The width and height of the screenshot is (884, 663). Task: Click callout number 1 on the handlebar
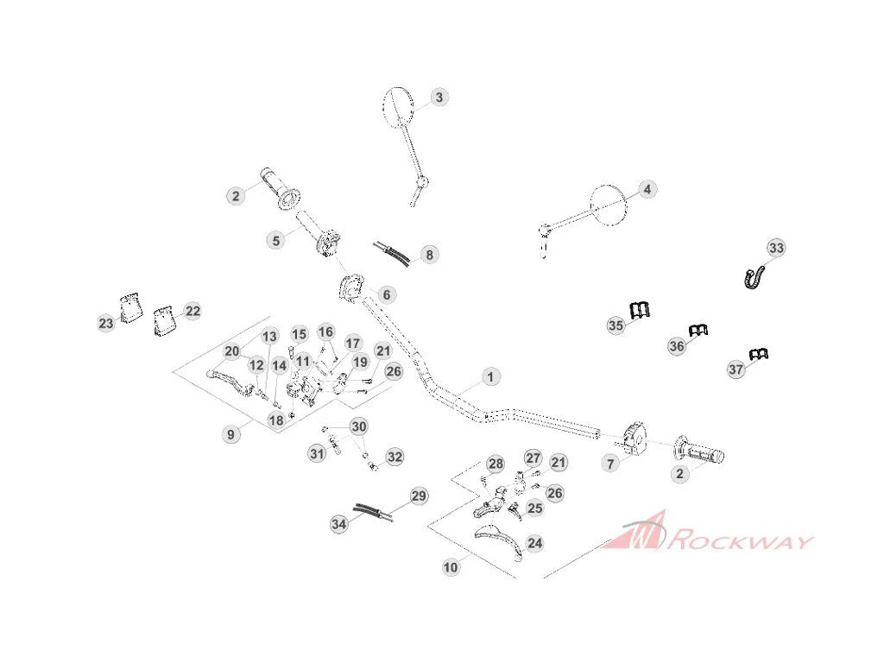(x=490, y=376)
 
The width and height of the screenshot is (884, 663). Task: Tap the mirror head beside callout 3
(x=397, y=106)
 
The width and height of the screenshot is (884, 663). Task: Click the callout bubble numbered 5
(x=275, y=241)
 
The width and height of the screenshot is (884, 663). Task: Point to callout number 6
(x=387, y=294)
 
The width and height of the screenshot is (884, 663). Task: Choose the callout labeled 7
(x=610, y=464)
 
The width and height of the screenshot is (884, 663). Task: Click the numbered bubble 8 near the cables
(x=430, y=255)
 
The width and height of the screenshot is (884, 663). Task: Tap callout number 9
(x=230, y=434)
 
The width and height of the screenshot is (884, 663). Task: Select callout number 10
(x=451, y=567)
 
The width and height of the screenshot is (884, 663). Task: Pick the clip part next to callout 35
(x=640, y=310)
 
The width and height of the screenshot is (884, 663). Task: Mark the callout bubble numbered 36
(x=677, y=345)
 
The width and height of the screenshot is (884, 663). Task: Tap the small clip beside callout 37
(x=760, y=354)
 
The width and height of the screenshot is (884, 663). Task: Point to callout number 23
(x=106, y=323)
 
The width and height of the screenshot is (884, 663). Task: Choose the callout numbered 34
(x=338, y=524)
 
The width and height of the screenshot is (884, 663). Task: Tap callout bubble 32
(x=395, y=457)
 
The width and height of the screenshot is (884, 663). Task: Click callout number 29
(x=419, y=496)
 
